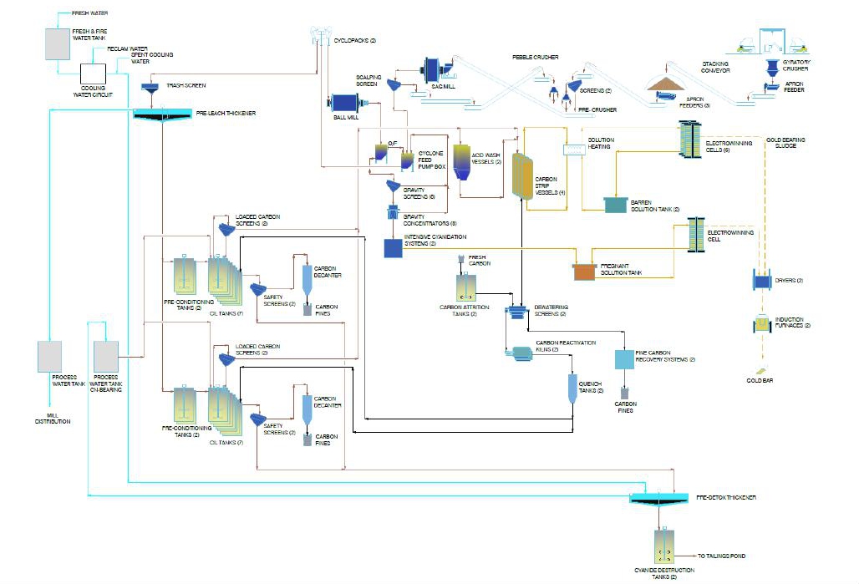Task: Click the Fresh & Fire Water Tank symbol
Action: [x=58, y=43]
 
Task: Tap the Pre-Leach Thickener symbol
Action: [x=164, y=115]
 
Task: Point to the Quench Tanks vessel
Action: [x=573, y=388]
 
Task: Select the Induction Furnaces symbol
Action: [x=761, y=325]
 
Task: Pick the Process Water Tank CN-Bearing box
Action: [x=106, y=357]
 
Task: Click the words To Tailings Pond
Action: [x=721, y=556]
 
